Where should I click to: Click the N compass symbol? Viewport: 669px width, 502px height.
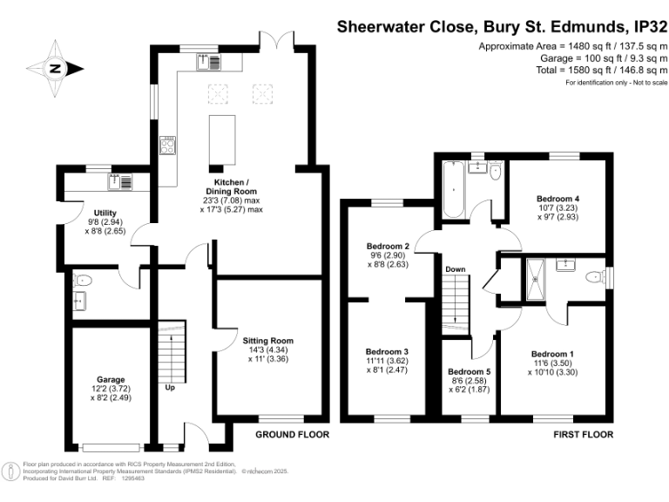[x=55, y=68]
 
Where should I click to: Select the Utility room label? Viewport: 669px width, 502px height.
[x=105, y=214]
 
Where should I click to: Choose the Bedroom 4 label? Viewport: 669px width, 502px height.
[x=558, y=198]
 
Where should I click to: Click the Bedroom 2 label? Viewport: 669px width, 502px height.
[x=388, y=247]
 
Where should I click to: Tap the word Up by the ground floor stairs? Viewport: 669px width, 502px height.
[x=170, y=388]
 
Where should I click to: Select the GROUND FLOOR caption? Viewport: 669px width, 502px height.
[x=292, y=433]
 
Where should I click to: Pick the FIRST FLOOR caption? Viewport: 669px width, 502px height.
[x=584, y=433]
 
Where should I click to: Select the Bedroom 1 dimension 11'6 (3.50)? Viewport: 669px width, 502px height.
[x=558, y=363]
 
